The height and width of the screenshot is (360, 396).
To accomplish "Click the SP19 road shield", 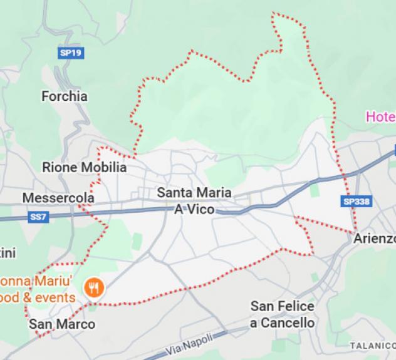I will coord(70,53).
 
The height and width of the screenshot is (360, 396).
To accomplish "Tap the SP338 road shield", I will coord(357,202).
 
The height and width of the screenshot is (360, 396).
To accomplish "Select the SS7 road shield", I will coord(38,217).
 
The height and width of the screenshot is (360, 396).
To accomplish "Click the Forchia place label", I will coord(64,96).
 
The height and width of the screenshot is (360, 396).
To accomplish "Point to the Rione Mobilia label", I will coord(84,167).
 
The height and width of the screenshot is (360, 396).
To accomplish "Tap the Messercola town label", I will coord(58,198).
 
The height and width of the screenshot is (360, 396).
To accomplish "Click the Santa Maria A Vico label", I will coord(194,200).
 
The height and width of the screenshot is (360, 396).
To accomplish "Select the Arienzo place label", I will coord(375,239).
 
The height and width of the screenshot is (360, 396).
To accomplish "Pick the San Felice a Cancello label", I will coord(282,314).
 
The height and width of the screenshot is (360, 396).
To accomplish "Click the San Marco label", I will coord(62,324).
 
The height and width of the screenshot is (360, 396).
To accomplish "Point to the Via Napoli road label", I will coord(190,343).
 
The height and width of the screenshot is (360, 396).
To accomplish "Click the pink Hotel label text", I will coord(380,117).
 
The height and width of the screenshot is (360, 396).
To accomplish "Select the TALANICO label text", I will coord(373,345).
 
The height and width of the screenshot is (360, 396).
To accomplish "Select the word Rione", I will coord(59,167).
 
